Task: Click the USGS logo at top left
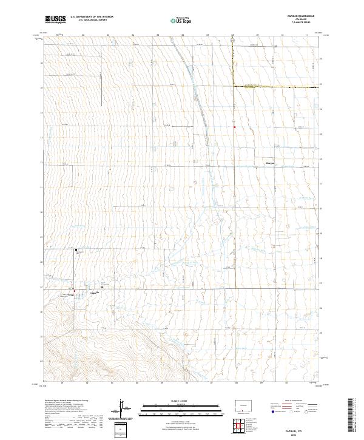point(55,19)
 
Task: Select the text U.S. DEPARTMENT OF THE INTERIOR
point(92,16)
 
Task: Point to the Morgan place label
point(270,163)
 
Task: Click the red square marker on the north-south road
point(234,127)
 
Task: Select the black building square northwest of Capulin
point(76,249)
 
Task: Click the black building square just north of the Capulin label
point(101,288)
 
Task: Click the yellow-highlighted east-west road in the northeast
point(276,87)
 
